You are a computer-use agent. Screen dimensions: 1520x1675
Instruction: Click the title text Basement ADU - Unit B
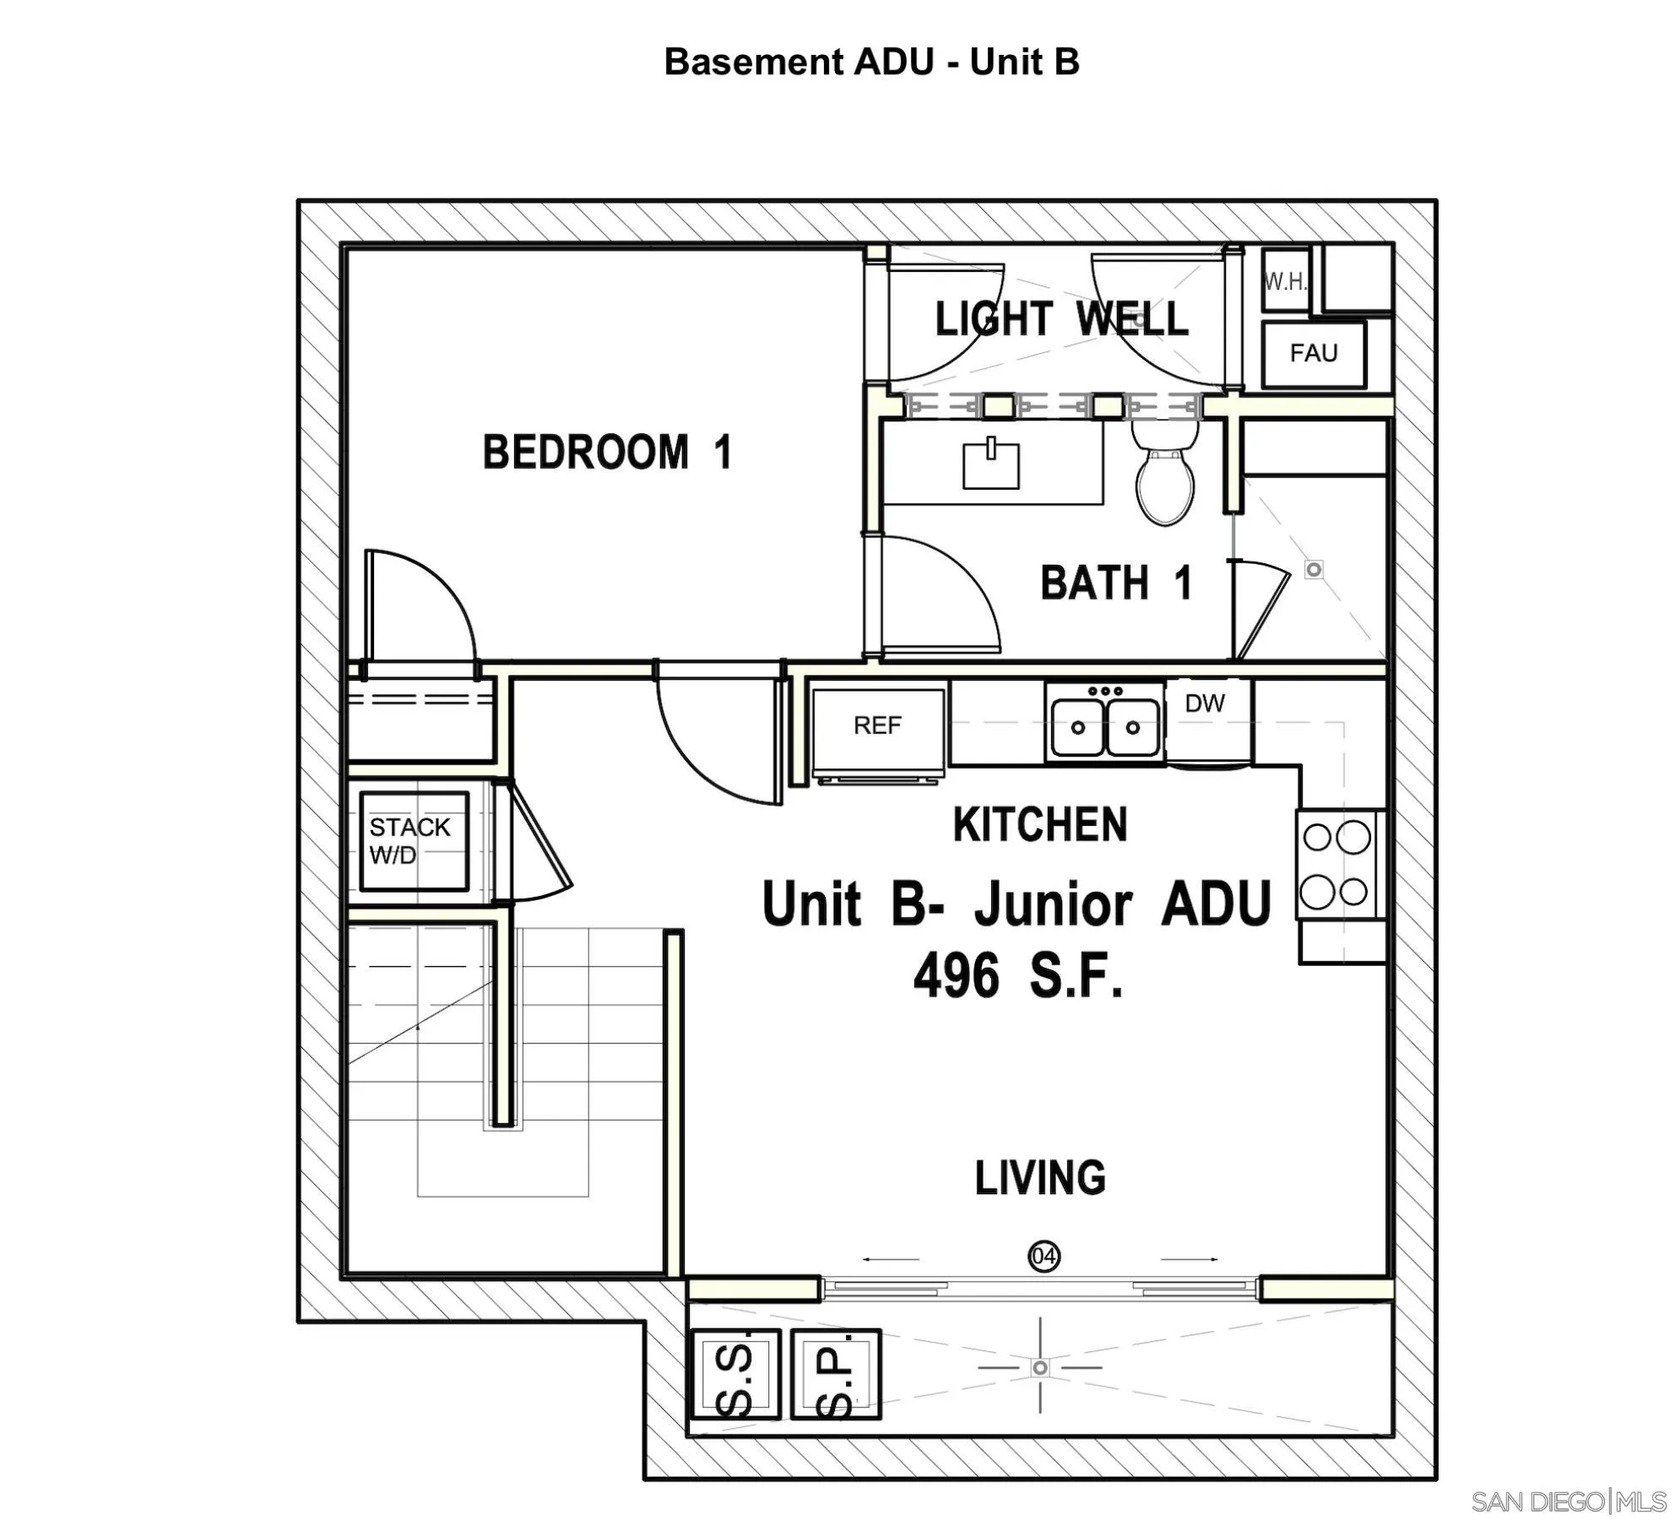coord(871,62)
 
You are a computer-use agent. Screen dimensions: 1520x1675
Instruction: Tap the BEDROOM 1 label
coord(607,452)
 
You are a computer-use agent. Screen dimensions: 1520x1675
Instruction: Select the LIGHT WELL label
coord(1061,319)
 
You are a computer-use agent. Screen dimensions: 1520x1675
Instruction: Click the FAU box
coord(1313,353)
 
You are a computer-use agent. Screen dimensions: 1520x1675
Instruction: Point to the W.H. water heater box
coord(1285,281)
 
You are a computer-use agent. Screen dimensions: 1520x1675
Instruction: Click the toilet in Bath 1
coord(1165,477)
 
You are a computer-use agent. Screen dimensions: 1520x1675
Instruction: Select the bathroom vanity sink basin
coord(991,464)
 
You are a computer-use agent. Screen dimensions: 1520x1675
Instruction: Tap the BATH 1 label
coord(1116,584)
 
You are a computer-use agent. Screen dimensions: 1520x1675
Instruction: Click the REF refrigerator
coord(878,726)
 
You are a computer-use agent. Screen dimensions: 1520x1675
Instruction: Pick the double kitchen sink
coord(1105,726)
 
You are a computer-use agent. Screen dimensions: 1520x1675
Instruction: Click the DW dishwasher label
coord(1205,703)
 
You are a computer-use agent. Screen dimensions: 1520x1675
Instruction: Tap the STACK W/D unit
coord(414,841)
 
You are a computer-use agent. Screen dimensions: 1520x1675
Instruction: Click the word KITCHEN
coord(1040,825)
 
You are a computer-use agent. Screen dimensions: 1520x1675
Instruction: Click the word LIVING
coord(1040,1178)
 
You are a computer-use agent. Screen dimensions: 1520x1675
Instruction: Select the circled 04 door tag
coord(1044,1257)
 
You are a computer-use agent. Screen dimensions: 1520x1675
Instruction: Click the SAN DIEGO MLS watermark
coord(1569,1501)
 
